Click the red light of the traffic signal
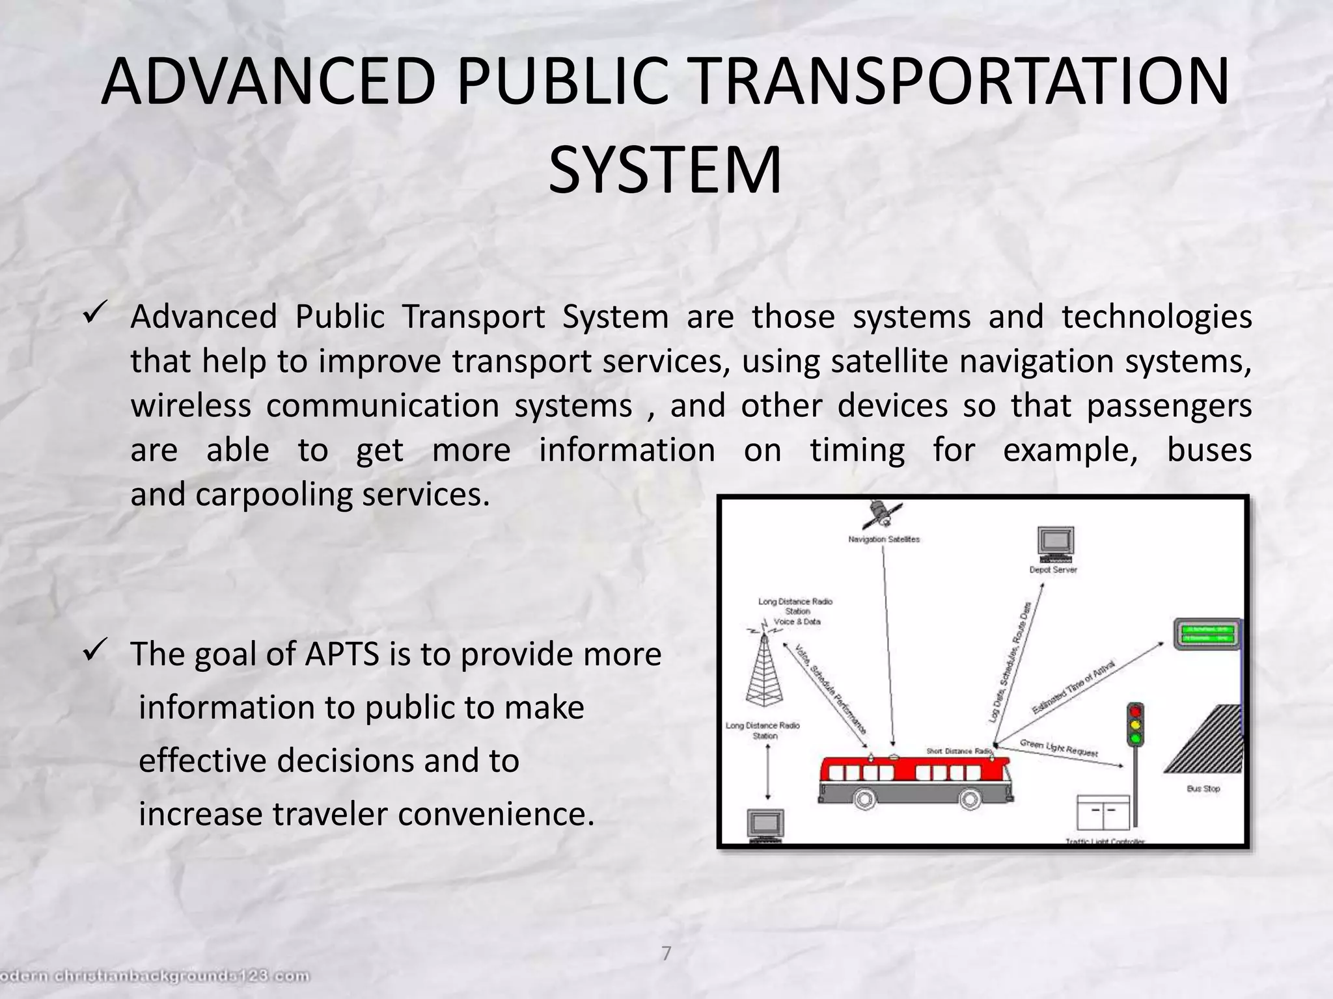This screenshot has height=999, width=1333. coord(1136,711)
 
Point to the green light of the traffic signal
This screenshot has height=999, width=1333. coord(1136,738)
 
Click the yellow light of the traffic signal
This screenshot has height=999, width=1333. coord(1136,725)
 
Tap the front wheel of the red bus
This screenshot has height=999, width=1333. coord(970,799)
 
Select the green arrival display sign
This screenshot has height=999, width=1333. coord(1206,633)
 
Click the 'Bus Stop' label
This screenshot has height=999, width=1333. coord(1203,789)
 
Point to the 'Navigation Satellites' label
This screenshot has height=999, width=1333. coord(884,539)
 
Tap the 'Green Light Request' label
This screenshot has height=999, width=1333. coord(1059,748)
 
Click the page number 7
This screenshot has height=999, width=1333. coord(666,953)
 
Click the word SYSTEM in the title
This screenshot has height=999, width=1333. coord(665,170)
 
